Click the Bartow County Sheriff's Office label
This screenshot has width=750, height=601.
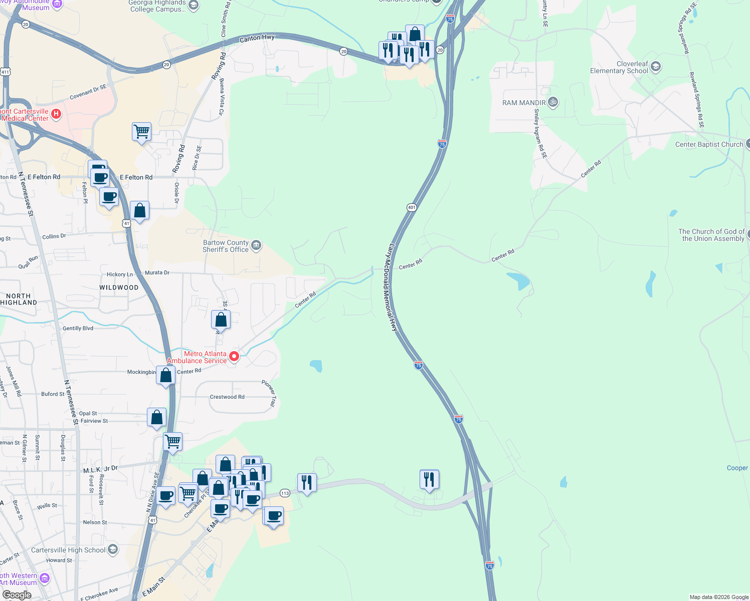(x=226, y=246)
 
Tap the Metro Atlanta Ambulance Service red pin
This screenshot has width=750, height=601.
(x=234, y=357)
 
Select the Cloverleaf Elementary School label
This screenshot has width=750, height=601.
(x=619, y=68)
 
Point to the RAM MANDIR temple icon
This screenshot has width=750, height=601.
(x=553, y=102)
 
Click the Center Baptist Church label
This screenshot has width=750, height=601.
(x=709, y=145)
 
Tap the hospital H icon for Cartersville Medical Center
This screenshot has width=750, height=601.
(x=56, y=114)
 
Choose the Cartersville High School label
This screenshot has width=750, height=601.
(x=68, y=550)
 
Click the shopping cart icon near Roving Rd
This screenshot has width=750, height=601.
(x=142, y=132)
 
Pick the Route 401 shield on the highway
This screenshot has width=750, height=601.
(x=412, y=207)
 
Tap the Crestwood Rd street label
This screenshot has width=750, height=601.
(x=227, y=397)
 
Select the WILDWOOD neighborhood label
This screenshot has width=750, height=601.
(x=119, y=287)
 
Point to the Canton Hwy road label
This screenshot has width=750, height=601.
(x=257, y=38)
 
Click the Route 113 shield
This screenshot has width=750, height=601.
(x=285, y=493)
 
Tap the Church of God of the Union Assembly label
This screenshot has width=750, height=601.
(x=711, y=235)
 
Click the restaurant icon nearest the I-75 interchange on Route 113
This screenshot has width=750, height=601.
(x=429, y=479)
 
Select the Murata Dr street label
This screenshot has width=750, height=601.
(x=157, y=273)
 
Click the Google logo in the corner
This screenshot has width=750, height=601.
(x=17, y=595)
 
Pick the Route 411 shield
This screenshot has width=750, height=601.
(x=5, y=72)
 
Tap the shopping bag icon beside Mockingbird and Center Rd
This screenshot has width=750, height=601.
(x=166, y=375)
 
